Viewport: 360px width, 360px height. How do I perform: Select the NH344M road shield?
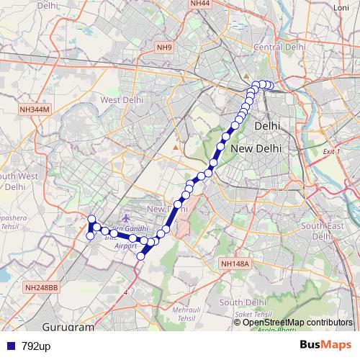(34, 109)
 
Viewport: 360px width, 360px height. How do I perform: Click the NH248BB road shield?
(42, 288)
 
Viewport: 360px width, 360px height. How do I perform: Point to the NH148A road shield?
(235, 264)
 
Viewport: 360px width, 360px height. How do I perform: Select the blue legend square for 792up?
(9, 346)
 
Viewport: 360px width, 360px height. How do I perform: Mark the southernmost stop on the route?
(141, 256)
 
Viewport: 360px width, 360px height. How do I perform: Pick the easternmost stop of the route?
(271, 86)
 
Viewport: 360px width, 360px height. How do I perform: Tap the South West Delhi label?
(18, 180)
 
